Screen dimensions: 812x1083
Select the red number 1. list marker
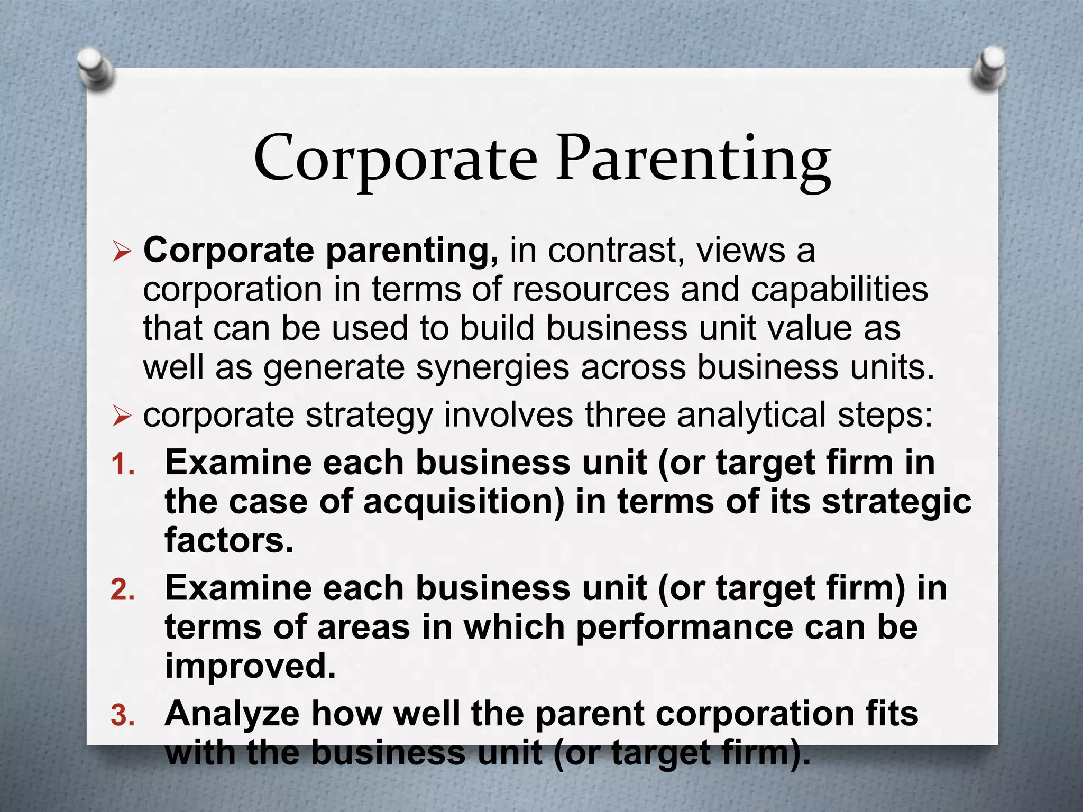pos(123,465)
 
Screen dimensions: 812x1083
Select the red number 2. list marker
pos(123,590)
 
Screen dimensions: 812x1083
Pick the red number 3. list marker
pos(123,716)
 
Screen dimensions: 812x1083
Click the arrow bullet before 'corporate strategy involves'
pos(121,417)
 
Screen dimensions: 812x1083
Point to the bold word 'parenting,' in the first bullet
pos(411,252)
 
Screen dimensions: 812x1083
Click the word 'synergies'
pos(492,367)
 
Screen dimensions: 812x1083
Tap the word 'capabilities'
pos(839,290)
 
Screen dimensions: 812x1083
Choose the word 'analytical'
pos(751,416)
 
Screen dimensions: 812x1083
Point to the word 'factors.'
pos(229,540)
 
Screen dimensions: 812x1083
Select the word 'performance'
pos(685,628)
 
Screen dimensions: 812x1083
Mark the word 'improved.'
pos(250,666)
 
